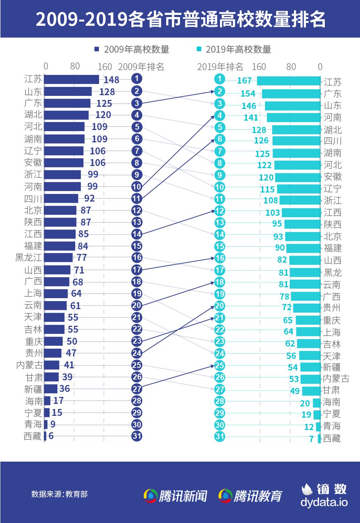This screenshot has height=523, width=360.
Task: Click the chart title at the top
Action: click(180, 19)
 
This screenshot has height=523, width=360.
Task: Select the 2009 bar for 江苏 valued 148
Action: click(71, 80)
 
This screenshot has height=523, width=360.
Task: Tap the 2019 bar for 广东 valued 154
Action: click(291, 94)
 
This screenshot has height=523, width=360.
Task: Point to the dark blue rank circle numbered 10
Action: click(136, 187)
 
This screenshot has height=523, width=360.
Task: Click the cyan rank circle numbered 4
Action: click(220, 115)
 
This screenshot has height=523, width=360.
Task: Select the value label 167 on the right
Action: click(244, 81)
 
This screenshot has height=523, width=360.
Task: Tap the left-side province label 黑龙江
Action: click(29, 258)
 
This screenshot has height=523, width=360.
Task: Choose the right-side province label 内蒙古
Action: click(336, 379)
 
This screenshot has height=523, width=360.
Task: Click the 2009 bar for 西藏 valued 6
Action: click(45, 436)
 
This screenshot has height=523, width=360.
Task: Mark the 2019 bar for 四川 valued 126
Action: click(296, 141)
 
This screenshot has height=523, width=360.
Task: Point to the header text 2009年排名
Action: click(141, 67)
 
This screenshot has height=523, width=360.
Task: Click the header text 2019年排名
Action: click(220, 67)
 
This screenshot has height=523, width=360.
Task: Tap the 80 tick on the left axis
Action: click(75, 66)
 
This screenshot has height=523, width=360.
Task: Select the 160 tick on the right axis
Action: click(259, 67)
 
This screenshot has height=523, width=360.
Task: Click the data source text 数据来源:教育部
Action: click(59, 494)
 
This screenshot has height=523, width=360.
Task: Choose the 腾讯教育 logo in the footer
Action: click(250, 496)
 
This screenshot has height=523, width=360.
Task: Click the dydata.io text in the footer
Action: click(324, 502)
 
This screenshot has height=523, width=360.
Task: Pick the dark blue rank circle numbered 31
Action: click(136, 436)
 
